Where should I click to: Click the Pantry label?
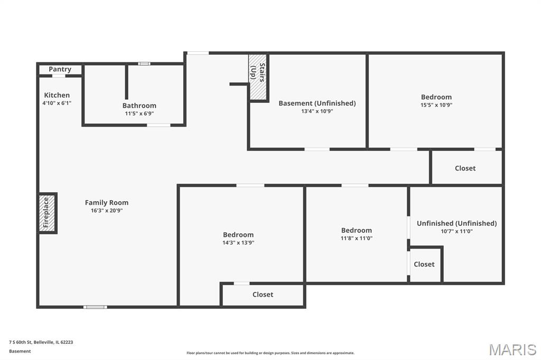pos(60,69)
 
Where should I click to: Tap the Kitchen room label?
pos(57,95)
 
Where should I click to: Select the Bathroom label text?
pos(139,106)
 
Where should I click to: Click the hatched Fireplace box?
pos(46,213)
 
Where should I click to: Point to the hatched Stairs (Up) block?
pos(258,77)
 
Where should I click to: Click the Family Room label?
pos(107,203)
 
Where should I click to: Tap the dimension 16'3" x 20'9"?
pos(107,211)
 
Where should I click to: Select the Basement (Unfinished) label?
pos(317,103)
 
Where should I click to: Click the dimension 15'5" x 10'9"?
pos(436,105)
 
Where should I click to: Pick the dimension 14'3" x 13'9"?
pos(238,243)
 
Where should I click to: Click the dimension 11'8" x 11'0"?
pos(357,238)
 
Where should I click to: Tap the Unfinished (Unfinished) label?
pos(457,223)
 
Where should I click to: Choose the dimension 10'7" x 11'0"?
pos(457,231)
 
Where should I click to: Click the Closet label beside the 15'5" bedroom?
pos(465,168)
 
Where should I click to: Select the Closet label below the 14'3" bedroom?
pos(263,295)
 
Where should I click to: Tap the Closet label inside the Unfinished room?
pos(424,264)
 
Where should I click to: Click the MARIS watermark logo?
pos(512,349)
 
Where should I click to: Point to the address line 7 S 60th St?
pos(41,343)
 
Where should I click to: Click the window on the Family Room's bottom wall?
pos(95,307)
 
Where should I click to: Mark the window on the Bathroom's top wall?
pos(144,64)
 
